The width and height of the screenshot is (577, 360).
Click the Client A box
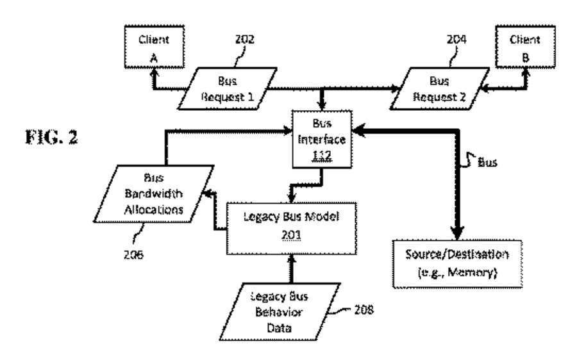(x=154, y=47)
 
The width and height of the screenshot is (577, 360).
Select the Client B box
(x=525, y=47)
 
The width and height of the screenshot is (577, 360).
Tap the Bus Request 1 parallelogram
(x=227, y=88)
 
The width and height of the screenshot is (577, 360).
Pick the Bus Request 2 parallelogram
(x=439, y=88)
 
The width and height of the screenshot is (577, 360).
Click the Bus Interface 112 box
(x=322, y=140)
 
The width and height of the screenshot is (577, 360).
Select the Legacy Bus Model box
(x=291, y=228)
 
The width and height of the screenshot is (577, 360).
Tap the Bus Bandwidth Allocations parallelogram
(x=153, y=194)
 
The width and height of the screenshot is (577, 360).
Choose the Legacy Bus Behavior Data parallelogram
(x=280, y=312)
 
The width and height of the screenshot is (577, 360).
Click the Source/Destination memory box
(x=457, y=264)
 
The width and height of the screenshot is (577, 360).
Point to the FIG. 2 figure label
(x=51, y=137)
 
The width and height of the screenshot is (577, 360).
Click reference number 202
(x=245, y=39)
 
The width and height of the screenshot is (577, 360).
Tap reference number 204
(x=456, y=39)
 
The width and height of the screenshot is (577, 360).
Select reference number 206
(x=133, y=254)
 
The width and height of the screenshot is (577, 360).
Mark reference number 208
(x=364, y=309)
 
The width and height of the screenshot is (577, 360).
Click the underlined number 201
(x=291, y=234)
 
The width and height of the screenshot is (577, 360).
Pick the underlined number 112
(x=322, y=156)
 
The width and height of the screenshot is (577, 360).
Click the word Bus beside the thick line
(x=488, y=162)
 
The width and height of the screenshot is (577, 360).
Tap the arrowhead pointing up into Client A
(x=155, y=72)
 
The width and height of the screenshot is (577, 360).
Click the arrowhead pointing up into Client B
(x=526, y=72)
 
